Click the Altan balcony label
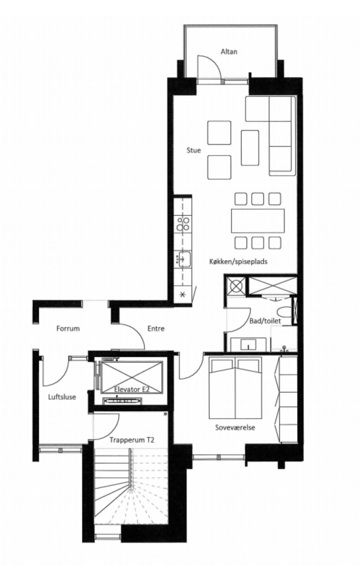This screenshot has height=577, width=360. point(229,52)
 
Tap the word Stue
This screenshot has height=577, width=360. point(194,150)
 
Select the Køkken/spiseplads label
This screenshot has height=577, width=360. point(238,262)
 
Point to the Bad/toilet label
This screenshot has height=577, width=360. point(265,321)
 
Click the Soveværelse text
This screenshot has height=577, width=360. point(235,428)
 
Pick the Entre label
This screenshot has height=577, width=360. point(156,329)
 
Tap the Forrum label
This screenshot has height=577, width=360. point(68,329)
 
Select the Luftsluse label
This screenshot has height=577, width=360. point(62,397)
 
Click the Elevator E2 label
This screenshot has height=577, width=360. point(132,389)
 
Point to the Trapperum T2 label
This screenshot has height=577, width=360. point(132,440)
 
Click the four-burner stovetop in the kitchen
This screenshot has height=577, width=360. point(183,224)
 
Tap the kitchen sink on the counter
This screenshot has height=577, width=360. point(183,259)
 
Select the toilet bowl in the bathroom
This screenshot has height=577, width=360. point(285,312)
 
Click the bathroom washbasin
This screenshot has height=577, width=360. point(248,345)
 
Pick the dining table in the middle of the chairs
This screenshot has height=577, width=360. point(258,221)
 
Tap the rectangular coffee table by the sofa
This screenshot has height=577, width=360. point(250,148)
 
